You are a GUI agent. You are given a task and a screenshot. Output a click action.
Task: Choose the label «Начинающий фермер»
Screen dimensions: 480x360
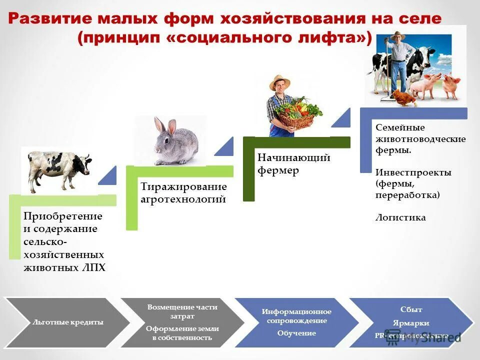(x=293, y=164)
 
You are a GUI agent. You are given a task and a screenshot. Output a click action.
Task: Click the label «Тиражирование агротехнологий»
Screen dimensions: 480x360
(x=183, y=193)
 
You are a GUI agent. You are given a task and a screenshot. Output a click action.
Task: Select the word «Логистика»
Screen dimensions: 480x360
(x=400, y=217)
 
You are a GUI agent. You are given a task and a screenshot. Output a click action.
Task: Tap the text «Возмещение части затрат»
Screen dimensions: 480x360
(x=182, y=311)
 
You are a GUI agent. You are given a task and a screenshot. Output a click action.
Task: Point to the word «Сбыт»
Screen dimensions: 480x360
(x=411, y=309)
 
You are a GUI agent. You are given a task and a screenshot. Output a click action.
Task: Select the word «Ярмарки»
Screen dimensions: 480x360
(x=411, y=323)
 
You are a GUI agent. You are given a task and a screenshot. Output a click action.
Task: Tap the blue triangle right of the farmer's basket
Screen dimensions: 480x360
(x=341, y=119)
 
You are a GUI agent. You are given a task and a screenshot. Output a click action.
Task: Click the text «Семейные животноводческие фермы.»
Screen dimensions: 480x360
(x=420, y=138)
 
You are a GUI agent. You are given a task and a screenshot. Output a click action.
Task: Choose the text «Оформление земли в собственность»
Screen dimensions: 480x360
(x=182, y=333)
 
